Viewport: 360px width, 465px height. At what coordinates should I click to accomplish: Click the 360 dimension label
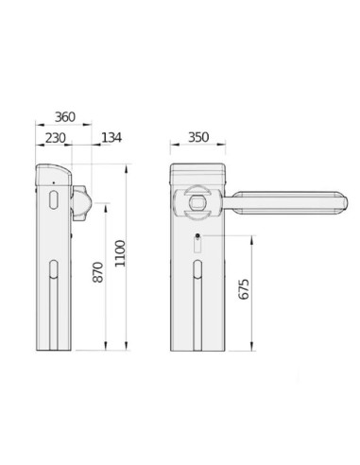click(65, 117)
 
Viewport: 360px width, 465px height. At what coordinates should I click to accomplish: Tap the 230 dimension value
click(56, 138)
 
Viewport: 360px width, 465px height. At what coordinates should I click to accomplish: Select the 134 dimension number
click(111, 138)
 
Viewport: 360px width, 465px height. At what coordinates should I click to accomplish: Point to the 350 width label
click(198, 137)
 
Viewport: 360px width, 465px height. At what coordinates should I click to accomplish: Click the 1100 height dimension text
click(120, 253)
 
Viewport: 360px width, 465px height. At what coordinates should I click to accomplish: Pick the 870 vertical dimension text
click(98, 272)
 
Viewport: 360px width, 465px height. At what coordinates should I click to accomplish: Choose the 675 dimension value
click(244, 289)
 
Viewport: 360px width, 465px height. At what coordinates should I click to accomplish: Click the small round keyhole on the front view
click(197, 235)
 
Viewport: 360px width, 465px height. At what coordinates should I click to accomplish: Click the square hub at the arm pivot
click(197, 202)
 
